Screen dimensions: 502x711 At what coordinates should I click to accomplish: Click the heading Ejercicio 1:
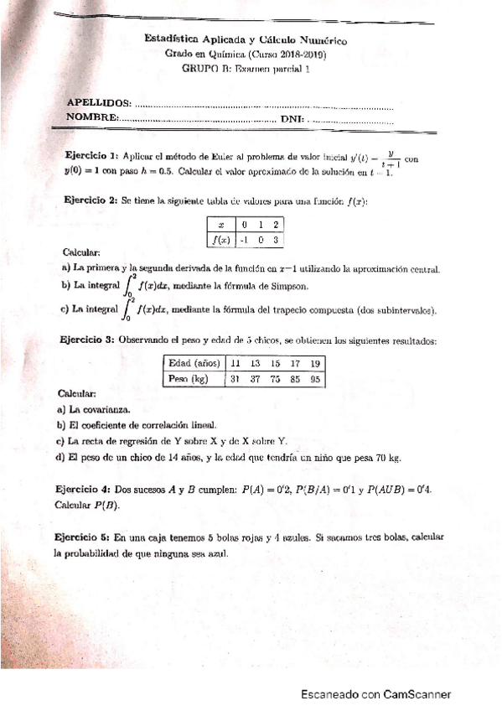[91, 156]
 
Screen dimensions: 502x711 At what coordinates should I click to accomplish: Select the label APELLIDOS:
[98, 102]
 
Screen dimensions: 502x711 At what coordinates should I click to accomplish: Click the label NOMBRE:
[91, 117]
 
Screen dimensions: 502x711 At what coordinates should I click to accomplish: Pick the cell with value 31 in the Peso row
[235, 378]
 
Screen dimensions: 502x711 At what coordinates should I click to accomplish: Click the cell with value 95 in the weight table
[315, 378]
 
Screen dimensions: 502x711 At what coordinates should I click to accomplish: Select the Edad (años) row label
[194, 363]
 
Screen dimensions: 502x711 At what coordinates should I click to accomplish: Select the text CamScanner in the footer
[417, 694]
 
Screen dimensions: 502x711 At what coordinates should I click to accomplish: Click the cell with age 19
[315, 363]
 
